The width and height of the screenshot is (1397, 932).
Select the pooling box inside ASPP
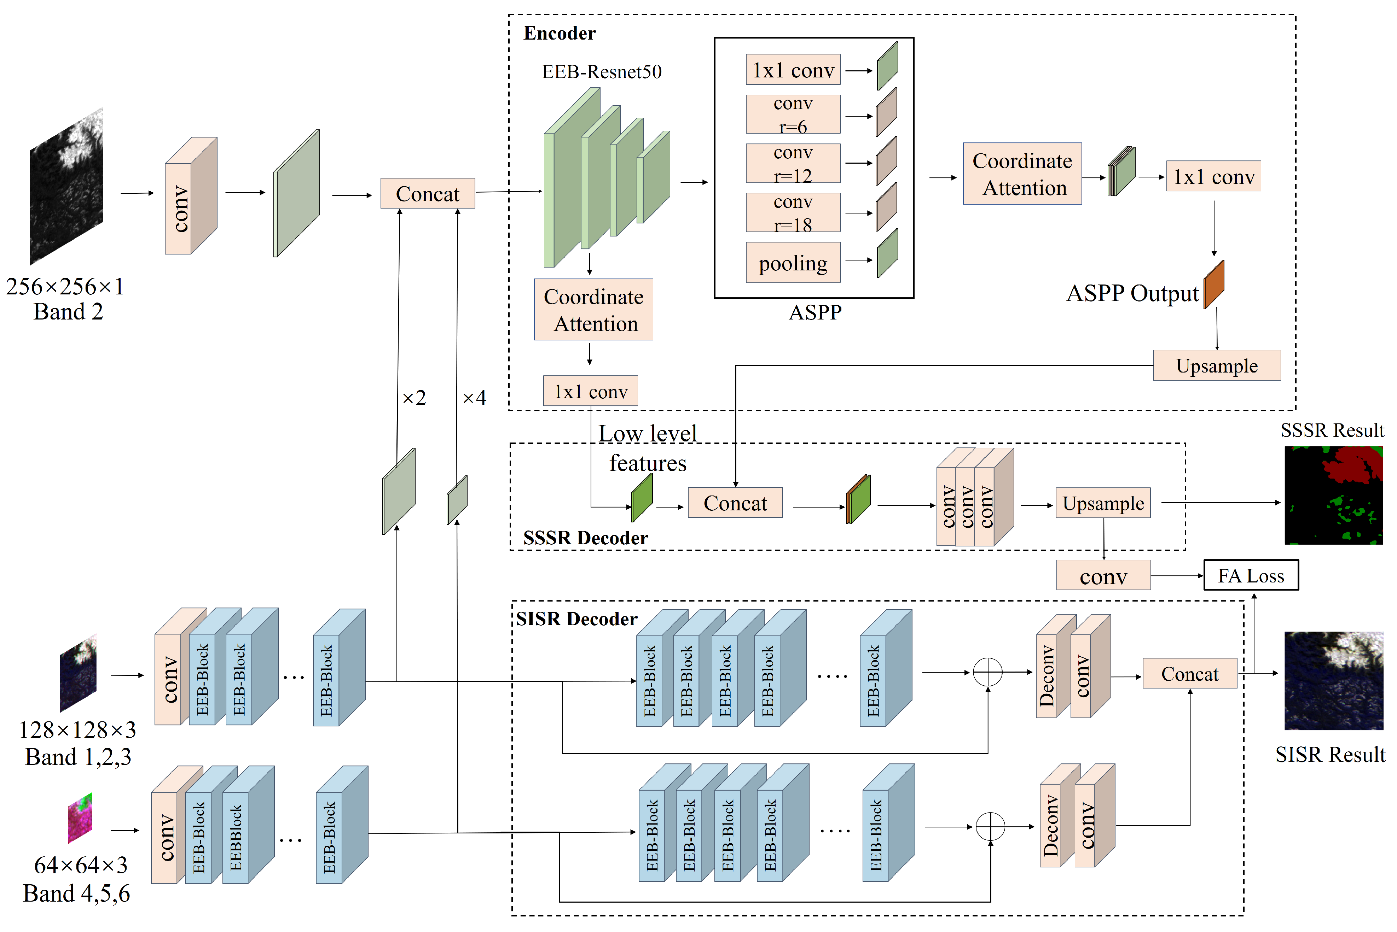tap(793, 262)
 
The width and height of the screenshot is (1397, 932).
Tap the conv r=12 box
tap(793, 163)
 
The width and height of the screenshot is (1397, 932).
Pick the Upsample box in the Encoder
tap(1216, 365)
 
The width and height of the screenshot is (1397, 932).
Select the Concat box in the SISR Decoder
tap(1189, 673)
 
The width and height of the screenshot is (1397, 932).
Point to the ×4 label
tap(474, 397)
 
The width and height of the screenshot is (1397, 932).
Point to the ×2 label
tap(414, 397)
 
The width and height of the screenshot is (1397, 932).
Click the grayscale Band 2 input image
tap(66, 186)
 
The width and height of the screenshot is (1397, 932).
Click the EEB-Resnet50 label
tap(601, 71)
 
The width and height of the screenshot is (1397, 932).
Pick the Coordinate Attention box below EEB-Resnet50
tap(593, 309)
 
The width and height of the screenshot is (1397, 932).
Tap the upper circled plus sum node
tap(987, 672)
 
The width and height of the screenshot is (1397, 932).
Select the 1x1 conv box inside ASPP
tap(793, 70)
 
